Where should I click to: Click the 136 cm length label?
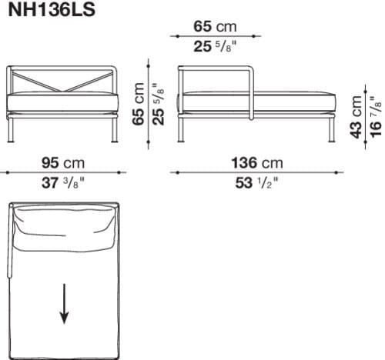[256, 162]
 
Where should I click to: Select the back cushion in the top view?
[65, 228]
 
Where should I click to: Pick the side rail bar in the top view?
[10, 242]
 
